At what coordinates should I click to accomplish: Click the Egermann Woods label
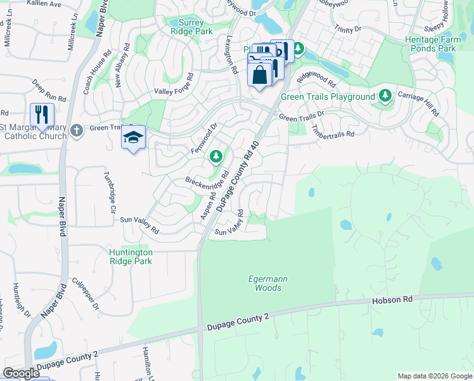264,283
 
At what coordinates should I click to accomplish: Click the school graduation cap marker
133,137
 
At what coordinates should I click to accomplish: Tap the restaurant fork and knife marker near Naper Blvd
42,114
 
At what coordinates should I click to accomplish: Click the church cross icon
77,130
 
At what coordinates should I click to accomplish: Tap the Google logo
21,373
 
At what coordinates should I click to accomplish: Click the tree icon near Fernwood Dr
216,156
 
